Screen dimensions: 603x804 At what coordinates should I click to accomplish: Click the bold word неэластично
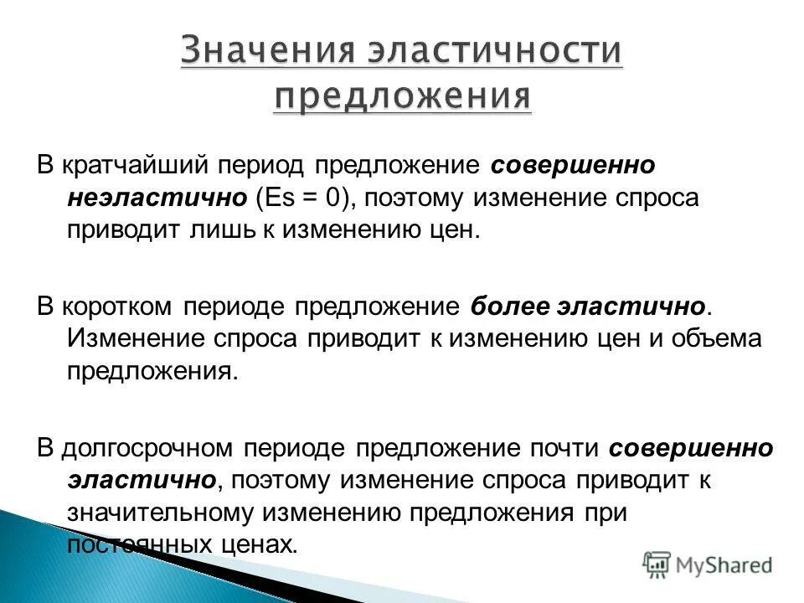pyautogui.click(x=156, y=198)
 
